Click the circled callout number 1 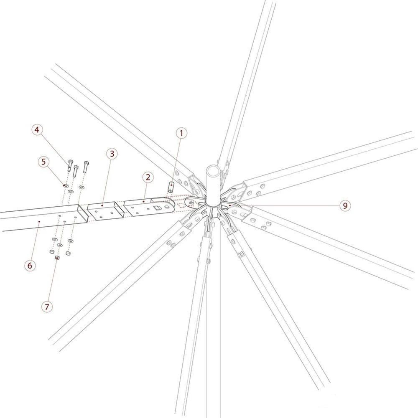tap(181, 133)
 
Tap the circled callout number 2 tap(148, 177)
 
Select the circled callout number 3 tap(112, 154)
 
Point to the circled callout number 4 tap(37, 130)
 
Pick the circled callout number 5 tap(43, 162)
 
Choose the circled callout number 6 tap(30, 265)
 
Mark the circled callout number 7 tap(47, 307)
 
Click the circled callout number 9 tap(345, 205)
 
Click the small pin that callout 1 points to tap(171, 187)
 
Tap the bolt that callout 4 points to tap(70, 165)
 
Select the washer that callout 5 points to tap(66, 185)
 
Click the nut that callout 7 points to tap(57, 258)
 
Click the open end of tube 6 tap(82, 213)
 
